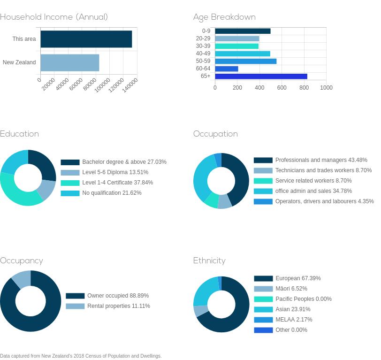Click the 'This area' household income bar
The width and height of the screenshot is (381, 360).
point(86,39)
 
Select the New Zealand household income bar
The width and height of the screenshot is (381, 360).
point(70,63)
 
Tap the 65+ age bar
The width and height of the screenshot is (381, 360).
point(261,77)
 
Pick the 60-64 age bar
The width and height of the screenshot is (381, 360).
point(227,69)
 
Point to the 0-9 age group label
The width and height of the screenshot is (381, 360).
point(206,31)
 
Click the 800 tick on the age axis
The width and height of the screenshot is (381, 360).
point(304,87)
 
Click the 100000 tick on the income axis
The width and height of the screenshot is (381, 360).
point(102,85)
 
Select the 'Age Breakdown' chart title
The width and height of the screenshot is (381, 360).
point(224,17)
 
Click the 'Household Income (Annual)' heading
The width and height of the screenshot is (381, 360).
point(53,17)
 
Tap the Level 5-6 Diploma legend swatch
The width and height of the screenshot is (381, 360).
point(70,173)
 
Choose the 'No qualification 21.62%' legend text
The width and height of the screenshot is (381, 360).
point(112,193)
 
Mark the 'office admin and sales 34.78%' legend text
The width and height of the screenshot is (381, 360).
point(313,191)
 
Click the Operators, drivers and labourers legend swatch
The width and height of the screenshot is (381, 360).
point(263,201)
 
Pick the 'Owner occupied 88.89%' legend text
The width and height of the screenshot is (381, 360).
point(118,296)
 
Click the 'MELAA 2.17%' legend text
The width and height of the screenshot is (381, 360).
point(294,320)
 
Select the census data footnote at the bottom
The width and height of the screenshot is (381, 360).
point(81,356)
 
